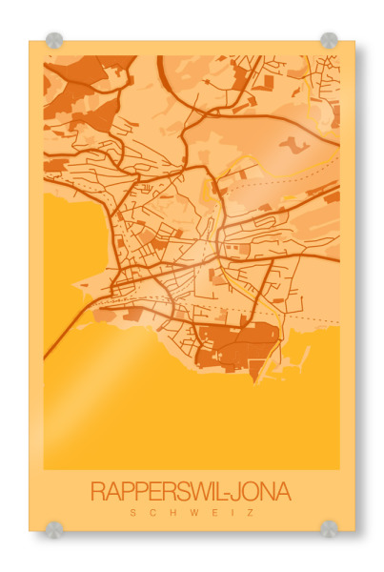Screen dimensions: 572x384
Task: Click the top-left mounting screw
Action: point(54,41)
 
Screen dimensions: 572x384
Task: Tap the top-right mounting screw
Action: point(329,41)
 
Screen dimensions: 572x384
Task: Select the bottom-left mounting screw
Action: point(54,527)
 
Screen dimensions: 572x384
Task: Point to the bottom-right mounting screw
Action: point(329,527)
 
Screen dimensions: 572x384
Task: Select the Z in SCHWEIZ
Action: point(251,512)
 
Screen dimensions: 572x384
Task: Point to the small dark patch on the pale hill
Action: point(292,145)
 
